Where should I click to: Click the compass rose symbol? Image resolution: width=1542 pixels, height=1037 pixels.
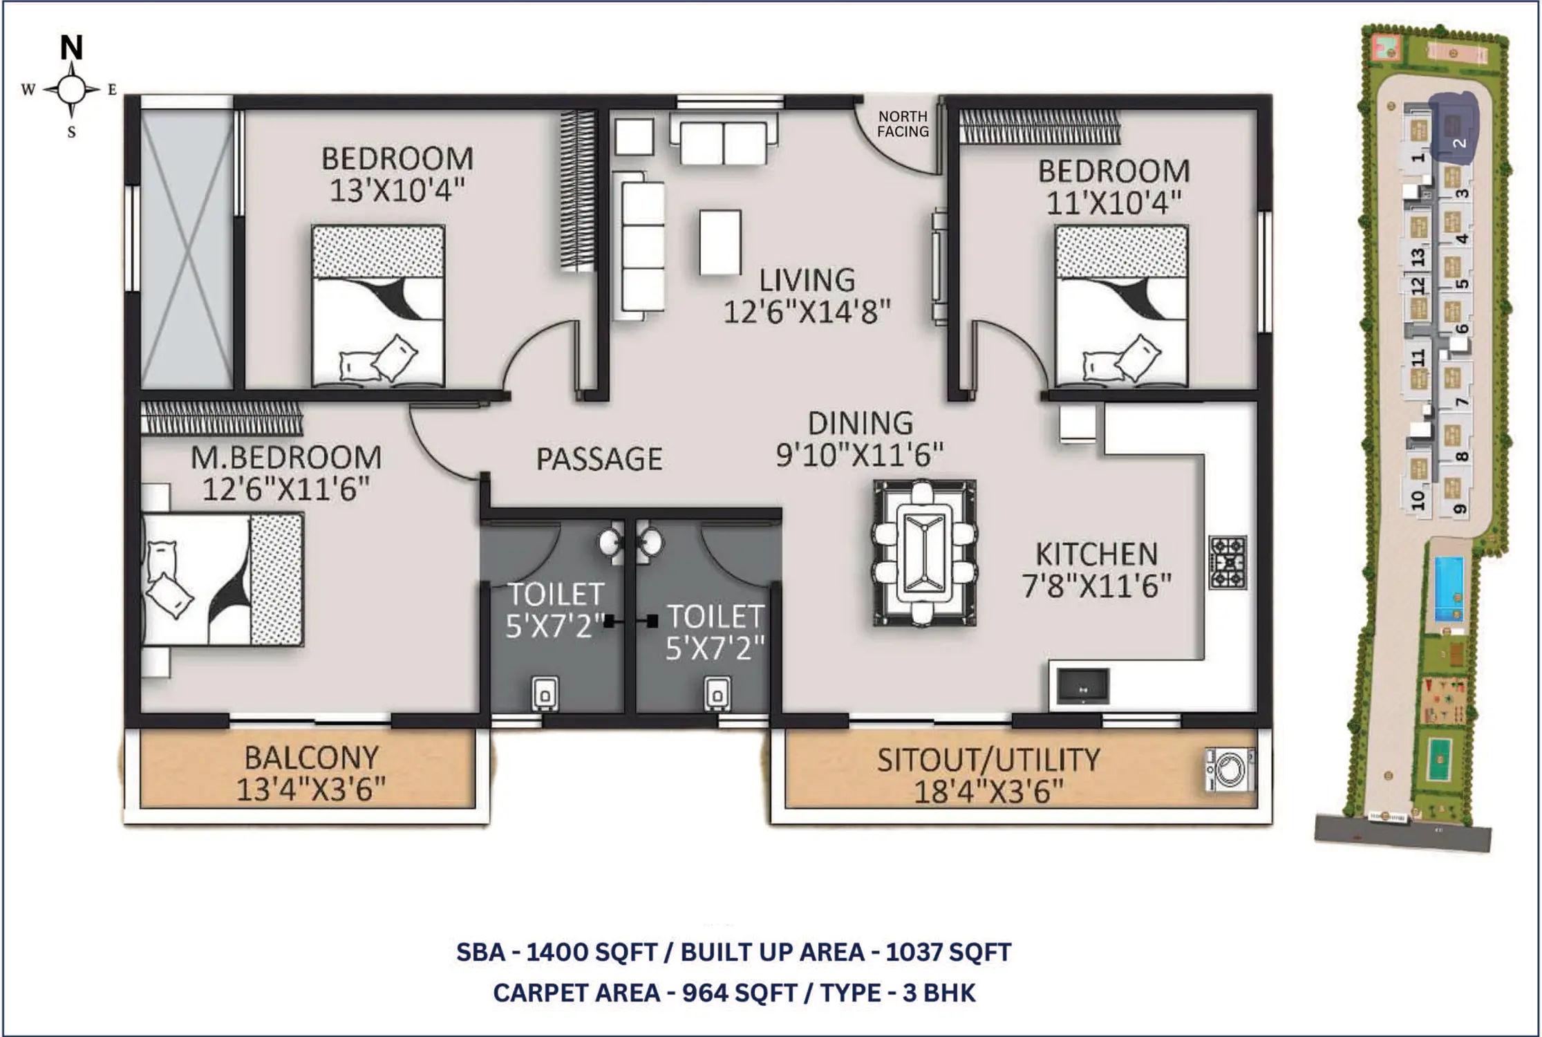tap(72, 90)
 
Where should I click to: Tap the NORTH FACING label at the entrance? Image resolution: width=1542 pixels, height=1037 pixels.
tap(903, 124)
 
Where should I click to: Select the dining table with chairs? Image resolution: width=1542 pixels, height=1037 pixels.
tap(925, 553)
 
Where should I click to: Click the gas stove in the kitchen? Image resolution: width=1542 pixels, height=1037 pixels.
tap(1228, 562)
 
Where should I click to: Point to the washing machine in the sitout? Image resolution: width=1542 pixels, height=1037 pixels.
tap(1230, 769)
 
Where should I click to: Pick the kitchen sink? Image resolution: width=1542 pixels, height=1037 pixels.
tap(1083, 687)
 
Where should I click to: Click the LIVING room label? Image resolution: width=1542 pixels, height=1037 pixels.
tap(807, 280)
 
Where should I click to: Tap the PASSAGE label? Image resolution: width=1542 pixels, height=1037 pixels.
tap(599, 459)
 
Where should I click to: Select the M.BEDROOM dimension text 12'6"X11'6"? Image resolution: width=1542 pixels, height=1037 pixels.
tap(286, 489)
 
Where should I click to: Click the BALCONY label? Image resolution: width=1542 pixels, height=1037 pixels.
tap(312, 758)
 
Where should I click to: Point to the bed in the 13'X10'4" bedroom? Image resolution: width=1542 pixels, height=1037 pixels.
tap(378, 305)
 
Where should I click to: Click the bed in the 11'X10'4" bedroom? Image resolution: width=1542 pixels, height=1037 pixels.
tap(1122, 305)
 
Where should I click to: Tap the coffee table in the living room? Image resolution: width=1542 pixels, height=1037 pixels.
tap(720, 243)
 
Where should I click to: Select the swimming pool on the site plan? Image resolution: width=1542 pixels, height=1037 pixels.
tap(1449, 590)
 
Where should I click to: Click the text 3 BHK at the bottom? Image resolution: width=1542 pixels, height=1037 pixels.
tap(939, 993)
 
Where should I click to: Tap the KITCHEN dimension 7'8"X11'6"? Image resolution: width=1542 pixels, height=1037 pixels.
tap(1096, 587)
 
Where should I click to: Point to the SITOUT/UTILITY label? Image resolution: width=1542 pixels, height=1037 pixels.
tap(988, 760)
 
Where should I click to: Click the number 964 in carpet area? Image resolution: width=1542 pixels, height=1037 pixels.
tap(705, 993)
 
